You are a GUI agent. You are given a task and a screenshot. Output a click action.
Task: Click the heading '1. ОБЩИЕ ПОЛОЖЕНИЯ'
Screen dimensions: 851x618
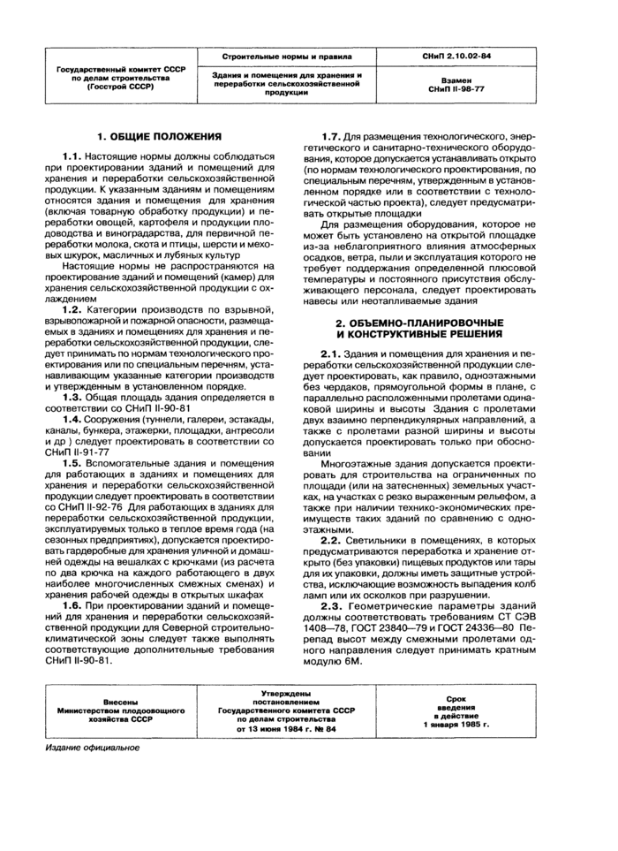158,137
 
